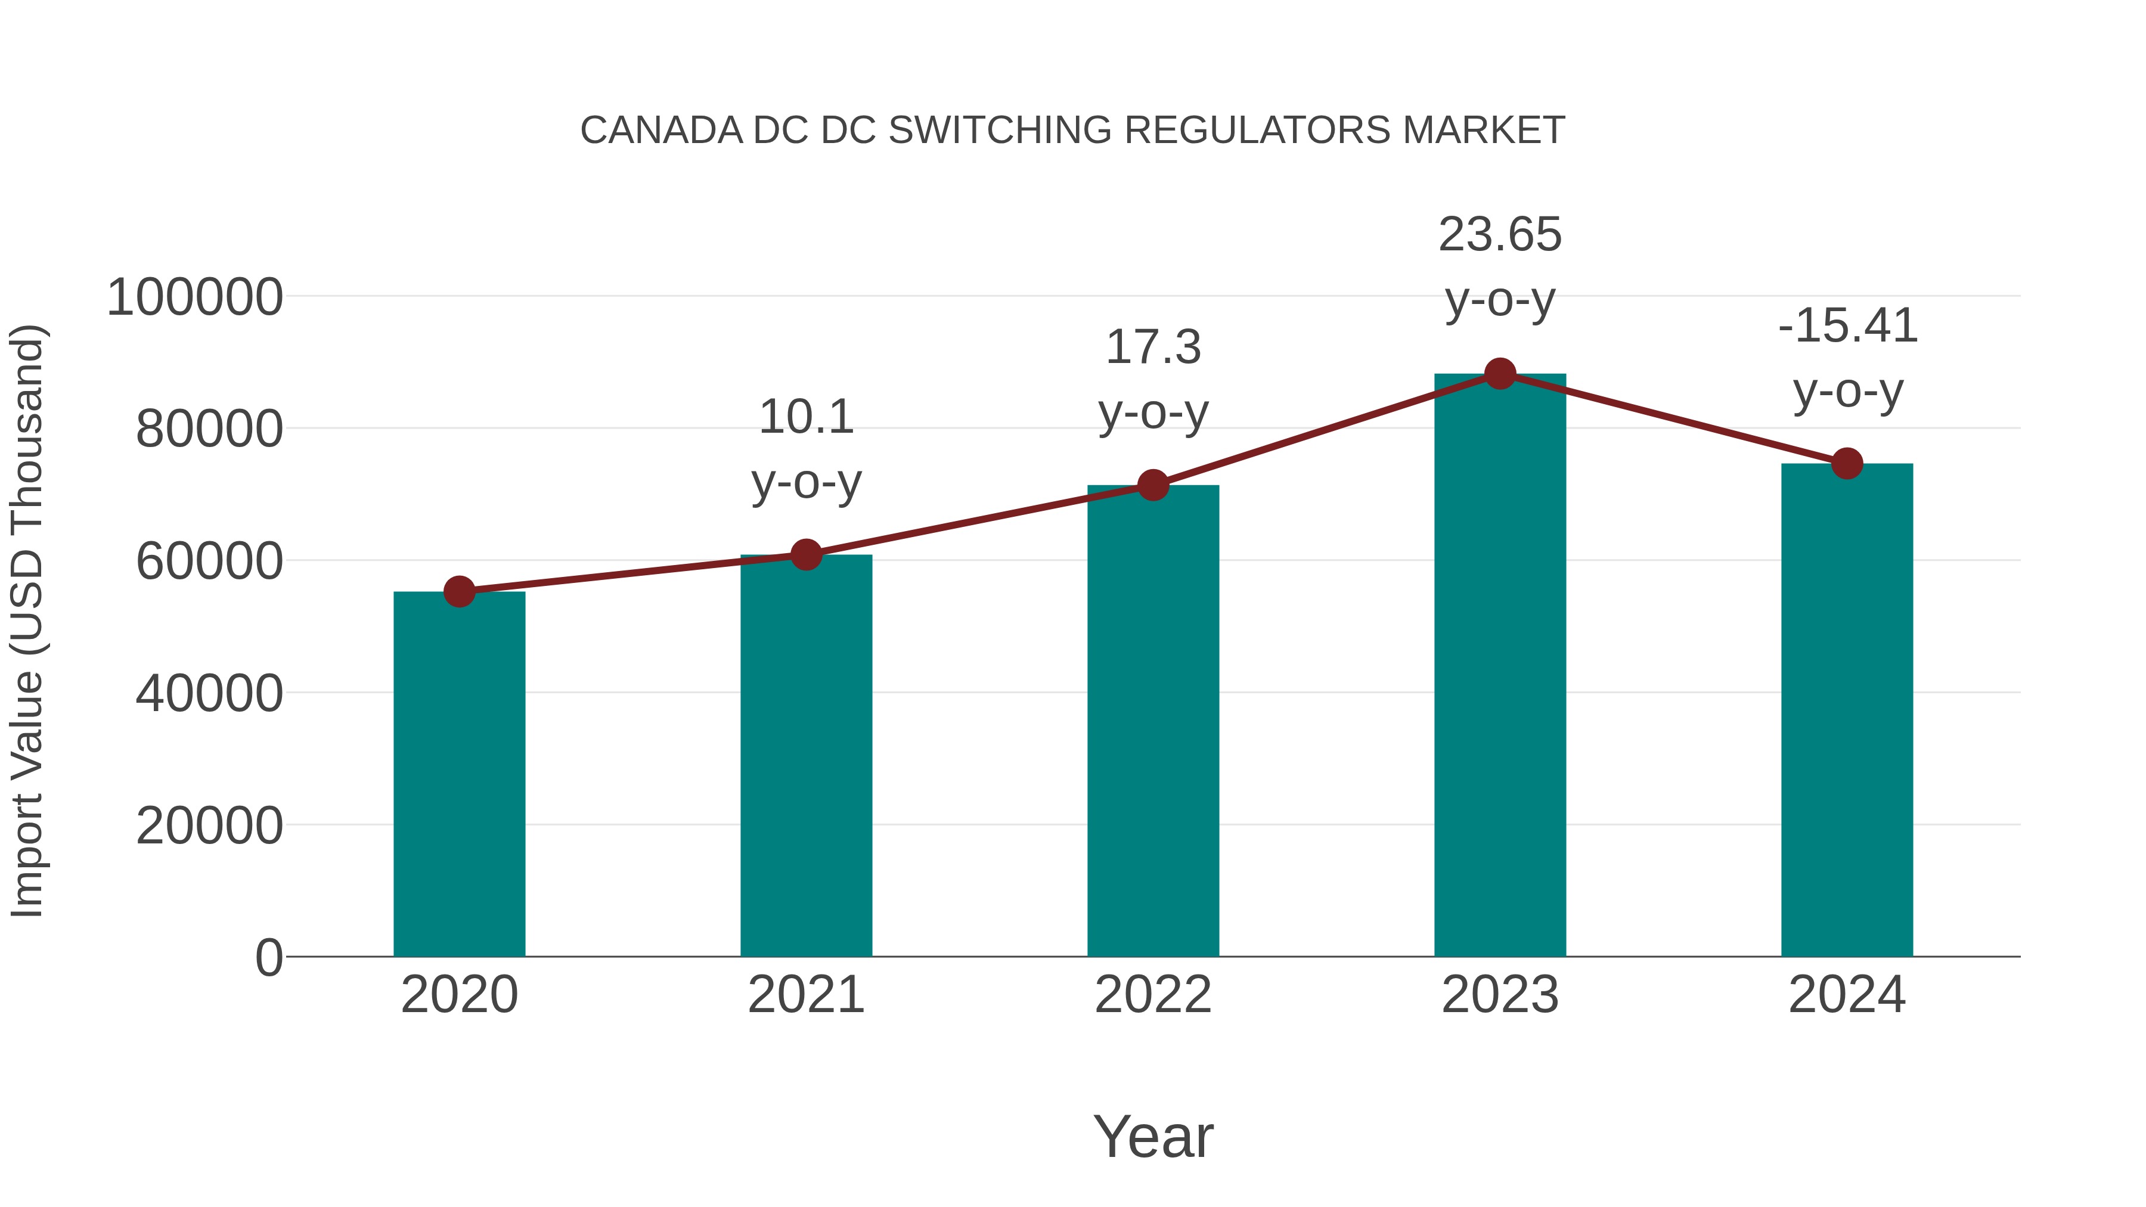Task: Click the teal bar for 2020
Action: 459,775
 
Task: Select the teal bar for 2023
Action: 1500,666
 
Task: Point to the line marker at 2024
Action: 1847,463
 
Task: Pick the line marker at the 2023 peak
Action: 1500,374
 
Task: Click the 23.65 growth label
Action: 1500,235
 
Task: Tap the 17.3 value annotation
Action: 1153,347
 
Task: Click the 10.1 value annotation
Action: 805,417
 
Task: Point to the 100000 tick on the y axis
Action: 195,297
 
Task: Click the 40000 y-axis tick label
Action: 209,694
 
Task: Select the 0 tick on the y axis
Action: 269,958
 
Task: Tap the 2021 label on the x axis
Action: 805,995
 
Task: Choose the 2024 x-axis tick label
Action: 1847,995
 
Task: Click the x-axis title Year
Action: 1153,1137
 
